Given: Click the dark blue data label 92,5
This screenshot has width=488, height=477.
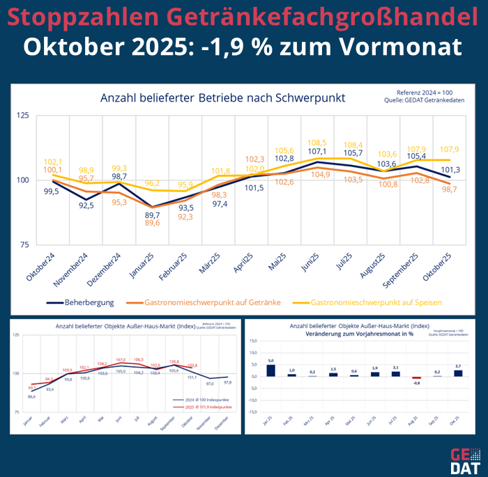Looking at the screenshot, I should (x=87, y=205).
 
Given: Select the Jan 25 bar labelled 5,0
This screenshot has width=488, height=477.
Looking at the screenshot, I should (x=271, y=370).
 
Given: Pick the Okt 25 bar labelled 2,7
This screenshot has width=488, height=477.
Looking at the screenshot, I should (x=458, y=373).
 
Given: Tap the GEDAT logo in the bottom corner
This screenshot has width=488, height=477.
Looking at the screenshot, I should (x=460, y=458).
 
